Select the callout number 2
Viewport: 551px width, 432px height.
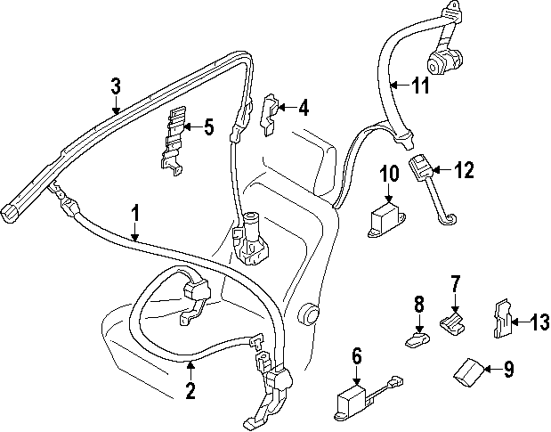tap(189, 389)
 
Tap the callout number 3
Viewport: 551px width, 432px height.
tap(115, 86)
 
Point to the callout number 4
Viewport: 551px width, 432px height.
tap(304, 109)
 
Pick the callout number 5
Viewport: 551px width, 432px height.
tap(208, 126)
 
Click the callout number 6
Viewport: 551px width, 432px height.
tap(357, 357)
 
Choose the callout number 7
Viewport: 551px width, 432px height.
tap(455, 284)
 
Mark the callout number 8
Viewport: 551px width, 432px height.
tap(419, 306)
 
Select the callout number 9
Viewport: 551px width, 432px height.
tap(508, 368)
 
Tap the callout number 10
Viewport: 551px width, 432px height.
tap(390, 173)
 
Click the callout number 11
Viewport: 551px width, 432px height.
tap(420, 86)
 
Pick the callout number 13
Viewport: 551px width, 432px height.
tap(539, 321)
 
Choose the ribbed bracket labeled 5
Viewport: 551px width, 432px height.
tap(174, 135)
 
